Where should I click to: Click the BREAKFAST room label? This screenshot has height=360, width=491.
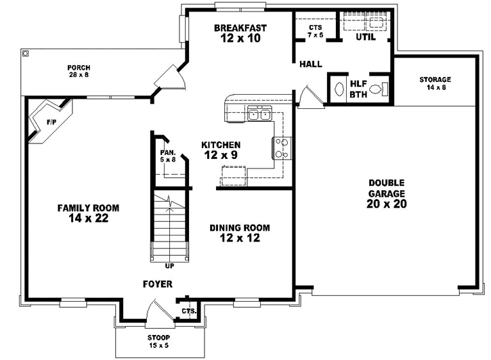coord(240,33)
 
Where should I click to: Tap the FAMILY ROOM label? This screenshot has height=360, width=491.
coord(83,213)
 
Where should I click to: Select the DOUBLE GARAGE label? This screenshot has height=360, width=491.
coord(387,194)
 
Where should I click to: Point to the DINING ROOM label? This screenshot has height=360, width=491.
coord(240,233)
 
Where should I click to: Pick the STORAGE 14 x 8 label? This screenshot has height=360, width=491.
coord(434,83)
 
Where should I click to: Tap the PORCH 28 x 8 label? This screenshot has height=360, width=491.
coord(79,72)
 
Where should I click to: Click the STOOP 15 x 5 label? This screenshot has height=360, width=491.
coord(160,342)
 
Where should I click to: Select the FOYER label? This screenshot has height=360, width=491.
coord(157,284)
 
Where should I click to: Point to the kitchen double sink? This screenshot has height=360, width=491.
coord(259,114)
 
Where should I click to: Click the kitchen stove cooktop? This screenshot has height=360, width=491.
coord(282,148)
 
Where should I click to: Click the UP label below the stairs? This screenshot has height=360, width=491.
coord(169,266)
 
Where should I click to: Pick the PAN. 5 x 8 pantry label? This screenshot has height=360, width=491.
coord(167,156)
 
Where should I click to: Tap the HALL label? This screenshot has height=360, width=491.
coord(311,64)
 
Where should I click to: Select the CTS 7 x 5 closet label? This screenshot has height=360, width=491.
coord(315,30)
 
